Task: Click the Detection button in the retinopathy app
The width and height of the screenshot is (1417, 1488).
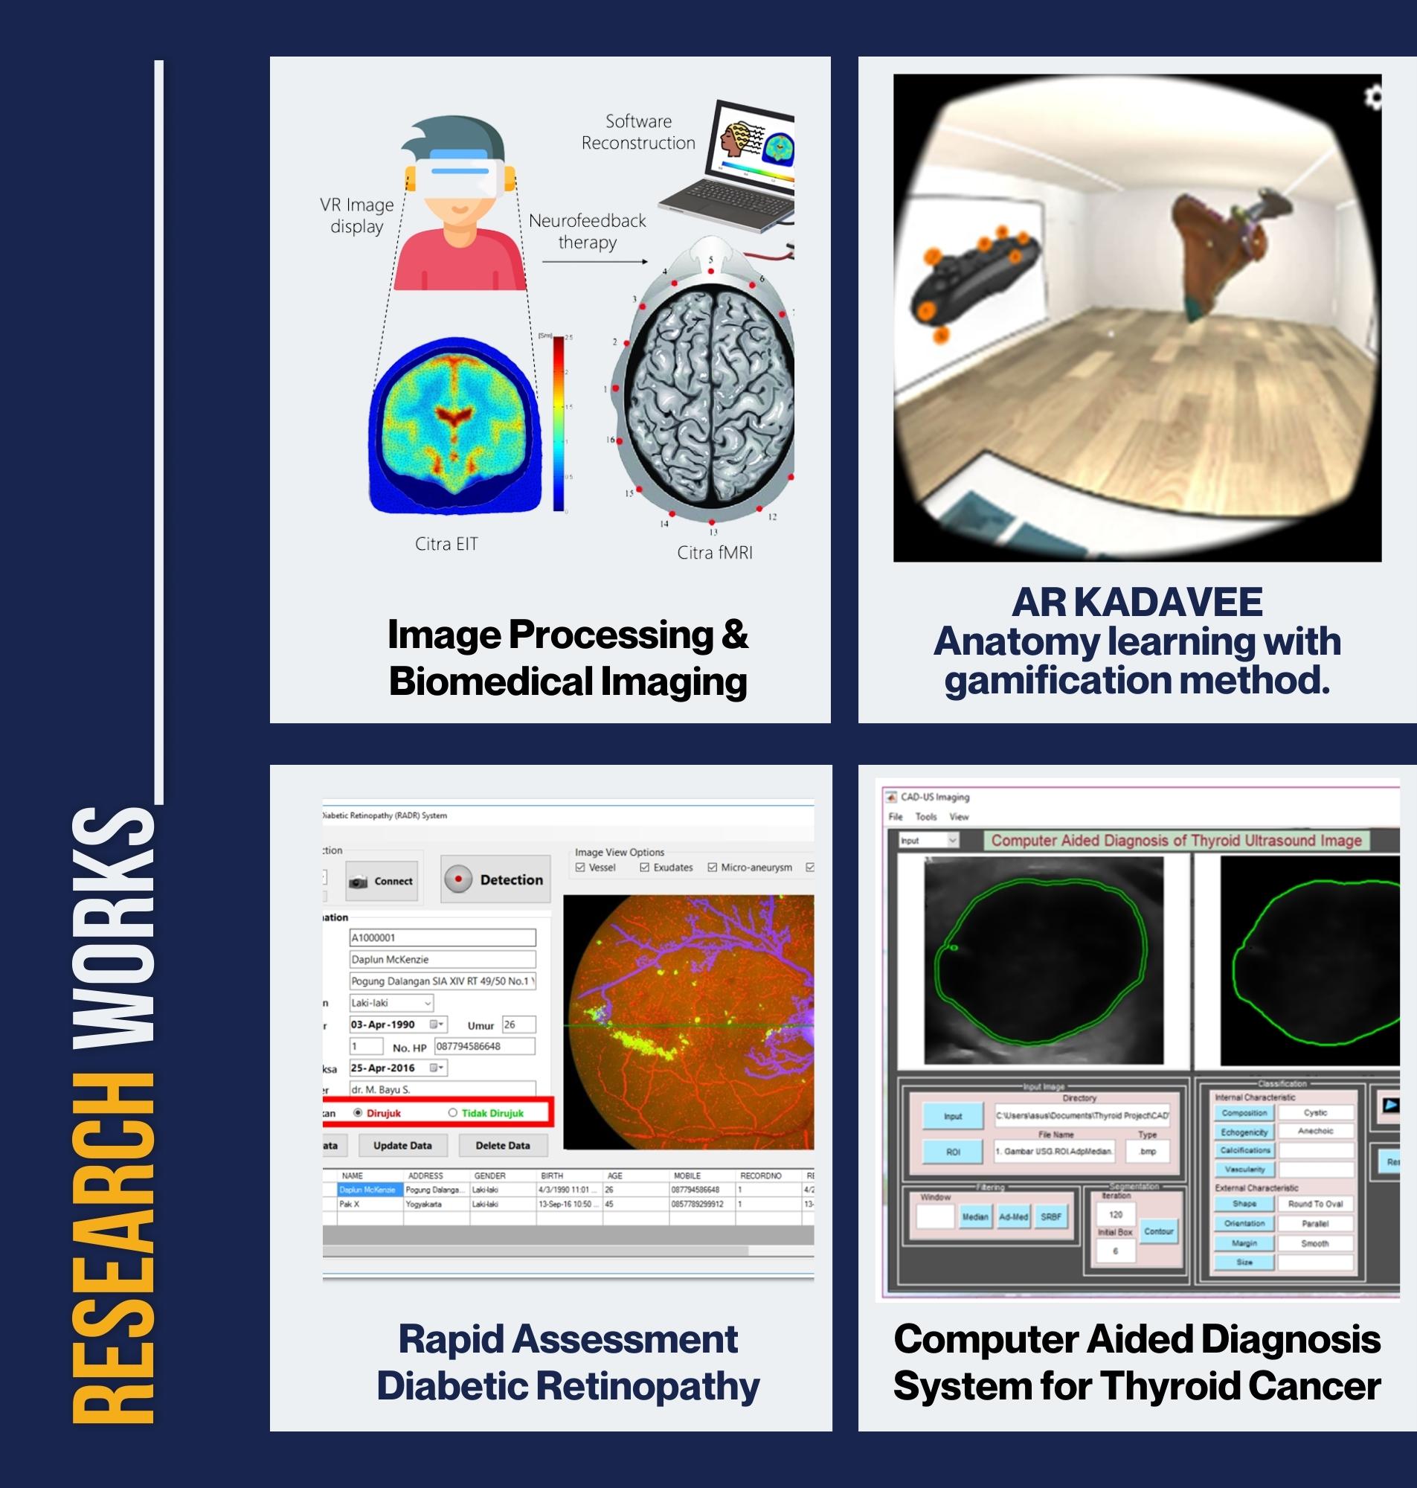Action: pos(495,879)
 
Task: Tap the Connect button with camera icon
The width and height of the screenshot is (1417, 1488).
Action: pos(382,881)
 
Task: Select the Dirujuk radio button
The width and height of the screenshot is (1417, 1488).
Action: pos(358,1112)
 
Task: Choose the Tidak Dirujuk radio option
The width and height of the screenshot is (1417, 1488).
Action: pos(452,1112)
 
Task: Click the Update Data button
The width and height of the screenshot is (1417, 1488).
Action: pos(402,1145)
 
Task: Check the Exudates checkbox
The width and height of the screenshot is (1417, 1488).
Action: pos(644,867)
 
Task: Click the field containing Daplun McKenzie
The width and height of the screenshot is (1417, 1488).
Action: pos(442,959)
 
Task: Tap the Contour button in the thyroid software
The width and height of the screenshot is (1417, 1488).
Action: pos(1158,1231)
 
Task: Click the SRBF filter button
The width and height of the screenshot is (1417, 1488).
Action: pos(1051,1217)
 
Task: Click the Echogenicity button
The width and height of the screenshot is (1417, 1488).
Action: pos(1243,1132)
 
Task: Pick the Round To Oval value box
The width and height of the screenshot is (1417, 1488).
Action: pos(1315,1203)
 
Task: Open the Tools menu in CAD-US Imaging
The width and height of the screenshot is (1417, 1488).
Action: pos(925,816)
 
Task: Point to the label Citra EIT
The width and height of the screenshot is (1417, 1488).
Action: pos(446,544)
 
